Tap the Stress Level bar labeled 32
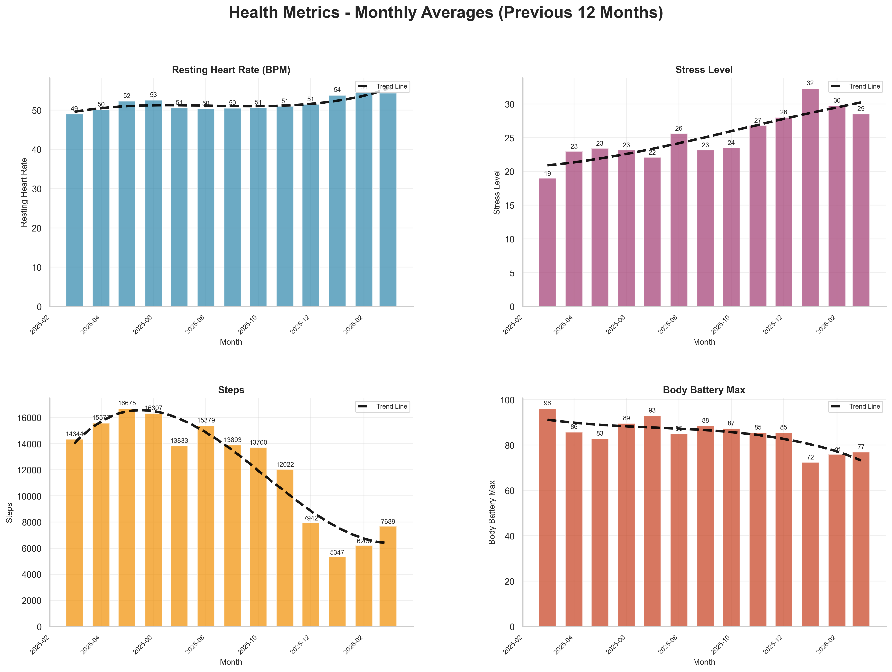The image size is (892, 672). click(810, 197)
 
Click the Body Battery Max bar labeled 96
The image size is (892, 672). click(547, 518)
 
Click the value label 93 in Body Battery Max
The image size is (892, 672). click(652, 411)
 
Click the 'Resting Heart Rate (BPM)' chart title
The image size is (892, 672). click(231, 70)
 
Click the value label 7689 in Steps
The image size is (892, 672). click(388, 522)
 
